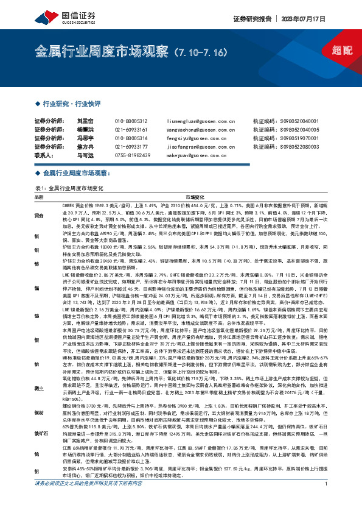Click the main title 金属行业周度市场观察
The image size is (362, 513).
pyautogui.click(x=102, y=49)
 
